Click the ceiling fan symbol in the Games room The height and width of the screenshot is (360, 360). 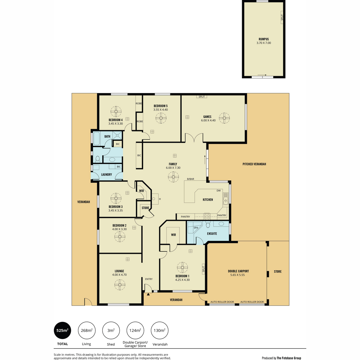(x=224, y=118)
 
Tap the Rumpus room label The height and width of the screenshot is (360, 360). (x=264, y=39)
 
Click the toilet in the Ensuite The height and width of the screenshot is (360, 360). (x=208, y=224)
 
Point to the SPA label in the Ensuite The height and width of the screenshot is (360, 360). (x=196, y=228)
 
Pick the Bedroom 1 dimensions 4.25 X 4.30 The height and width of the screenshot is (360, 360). (x=182, y=280)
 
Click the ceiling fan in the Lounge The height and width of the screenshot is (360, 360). (x=120, y=285)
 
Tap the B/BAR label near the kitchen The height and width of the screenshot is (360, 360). (x=190, y=179)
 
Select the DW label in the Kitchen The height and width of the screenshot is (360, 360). (x=218, y=191)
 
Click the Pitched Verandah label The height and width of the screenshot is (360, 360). (x=254, y=164)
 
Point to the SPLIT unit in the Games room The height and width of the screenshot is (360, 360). (x=202, y=97)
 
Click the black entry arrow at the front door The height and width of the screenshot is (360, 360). (x=148, y=294)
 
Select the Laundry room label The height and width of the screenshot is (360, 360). (x=106, y=175)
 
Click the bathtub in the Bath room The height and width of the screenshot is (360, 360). (x=97, y=138)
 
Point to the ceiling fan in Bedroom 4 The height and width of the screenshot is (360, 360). (x=116, y=112)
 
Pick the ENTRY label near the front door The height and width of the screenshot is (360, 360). (x=149, y=279)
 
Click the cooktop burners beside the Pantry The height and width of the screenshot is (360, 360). (x=207, y=216)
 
